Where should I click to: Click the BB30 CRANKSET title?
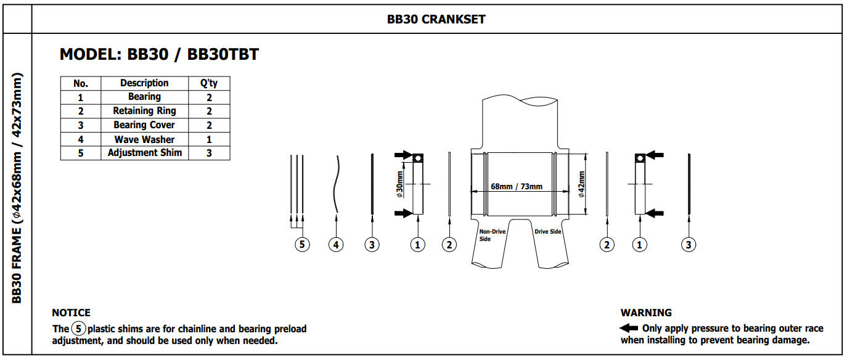pyautogui.click(x=436, y=19)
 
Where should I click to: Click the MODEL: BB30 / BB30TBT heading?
pyautogui.click(x=159, y=54)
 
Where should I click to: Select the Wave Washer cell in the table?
pyautogui.click(x=144, y=139)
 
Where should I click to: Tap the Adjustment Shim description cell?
pyautogui.click(x=144, y=153)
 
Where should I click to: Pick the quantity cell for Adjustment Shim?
pyautogui.click(x=209, y=153)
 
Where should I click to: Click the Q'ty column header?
pyautogui.click(x=209, y=83)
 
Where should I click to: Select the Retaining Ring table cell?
pyautogui.click(x=144, y=111)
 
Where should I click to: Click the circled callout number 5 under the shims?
pyautogui.click(x=302, y=245)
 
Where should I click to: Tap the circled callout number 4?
pyautogui.click(x=336, y=245)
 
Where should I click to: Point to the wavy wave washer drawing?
pyautogui.click(x=336, y=184)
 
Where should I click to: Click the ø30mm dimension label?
pyautogui.click(x=399, y=184)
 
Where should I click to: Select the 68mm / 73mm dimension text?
pyautogui.click(x=517, y=186)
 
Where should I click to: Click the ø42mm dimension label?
pyautogui.click(x=581, y=184)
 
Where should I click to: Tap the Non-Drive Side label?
pyautogui.click(x=492, y=235)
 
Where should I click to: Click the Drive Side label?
pyautogui.click(x=547, y=231)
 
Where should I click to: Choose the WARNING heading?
pyautogui.click(x=646, y=313)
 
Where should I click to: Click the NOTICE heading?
pyautogui.click(x=71, y=313)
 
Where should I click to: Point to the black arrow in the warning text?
pyautogui.click(x=629, y=328)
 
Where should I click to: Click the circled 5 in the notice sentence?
pyautogui.click(x=78, y=329)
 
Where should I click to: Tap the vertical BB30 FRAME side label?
pyautogui.click(x=17, y=188)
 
